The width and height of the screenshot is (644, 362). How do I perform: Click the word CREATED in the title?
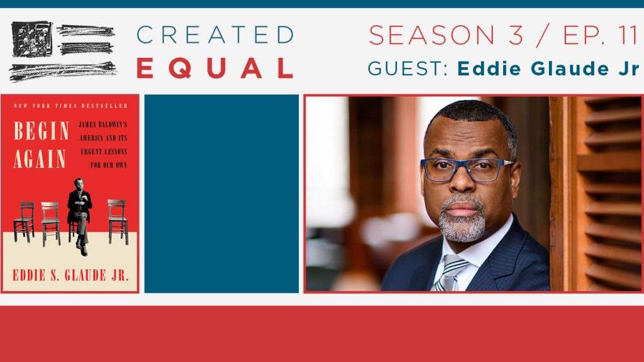click(x=215, y=35)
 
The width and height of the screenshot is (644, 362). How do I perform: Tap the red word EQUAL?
click(x=215, y=68)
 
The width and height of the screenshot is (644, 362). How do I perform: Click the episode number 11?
click(x=628, y=35)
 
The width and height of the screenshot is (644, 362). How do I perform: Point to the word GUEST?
click(x=408, y=69)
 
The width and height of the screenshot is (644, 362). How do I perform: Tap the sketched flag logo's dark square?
click(x=32, y=38)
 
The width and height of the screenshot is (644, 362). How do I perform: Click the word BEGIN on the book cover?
click(x=41, y=131)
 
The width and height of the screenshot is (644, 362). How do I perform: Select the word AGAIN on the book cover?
click(x=40, y=159)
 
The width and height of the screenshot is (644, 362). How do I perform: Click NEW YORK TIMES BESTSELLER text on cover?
click(x=70, y=106)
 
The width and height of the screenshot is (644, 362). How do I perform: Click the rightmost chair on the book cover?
click(x=118, y=222)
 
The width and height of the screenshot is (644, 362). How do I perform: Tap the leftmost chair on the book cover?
click(x=25, y=222)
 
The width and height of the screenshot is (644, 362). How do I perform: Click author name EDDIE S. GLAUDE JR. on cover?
click(x=70, y=275)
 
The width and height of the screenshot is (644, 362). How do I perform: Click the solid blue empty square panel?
click(x=221, y=194)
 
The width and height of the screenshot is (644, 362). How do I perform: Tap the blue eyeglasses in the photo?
click(x=467, y=169)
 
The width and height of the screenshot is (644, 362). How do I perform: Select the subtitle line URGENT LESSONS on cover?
click(x=104, y=152)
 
